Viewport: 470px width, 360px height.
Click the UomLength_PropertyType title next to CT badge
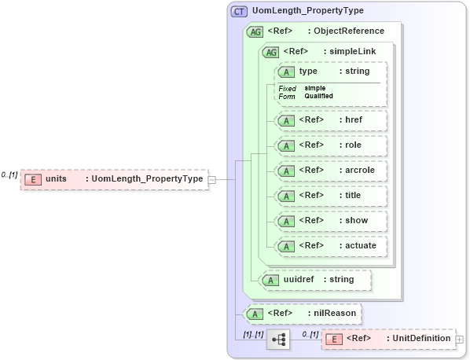click(297, 12)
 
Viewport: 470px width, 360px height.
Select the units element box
click(114, 179)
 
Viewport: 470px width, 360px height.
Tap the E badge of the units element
click(33, 179)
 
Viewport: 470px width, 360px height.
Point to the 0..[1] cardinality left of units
click(9, 174)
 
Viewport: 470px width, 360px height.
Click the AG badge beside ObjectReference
click(255, 31)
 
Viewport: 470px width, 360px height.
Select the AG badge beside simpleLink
click(270, 52)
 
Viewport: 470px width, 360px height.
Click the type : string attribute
click(330, 72)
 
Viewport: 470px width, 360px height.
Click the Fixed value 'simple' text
click(315, 88)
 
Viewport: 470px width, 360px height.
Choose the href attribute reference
click(330, 120)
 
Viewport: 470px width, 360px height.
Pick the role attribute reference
click(330, 145)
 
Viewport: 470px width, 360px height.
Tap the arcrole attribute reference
click(330, 171)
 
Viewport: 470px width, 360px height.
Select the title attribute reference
click(330, 196)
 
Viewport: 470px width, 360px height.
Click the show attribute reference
click(330, 221)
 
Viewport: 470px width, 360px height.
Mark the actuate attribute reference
click(330, 246)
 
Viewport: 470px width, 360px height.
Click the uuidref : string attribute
click(315, 279)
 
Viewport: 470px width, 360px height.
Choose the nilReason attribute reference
click(303, 314)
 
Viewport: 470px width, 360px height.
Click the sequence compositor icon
click(278, 339)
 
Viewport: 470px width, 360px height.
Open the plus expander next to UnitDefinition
click(460, 339)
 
